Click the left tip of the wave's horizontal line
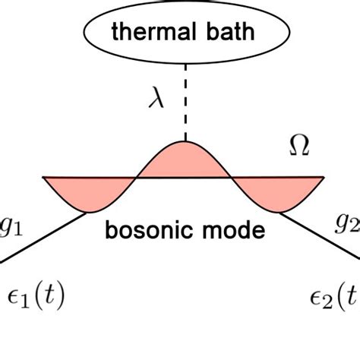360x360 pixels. click(44, 178)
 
